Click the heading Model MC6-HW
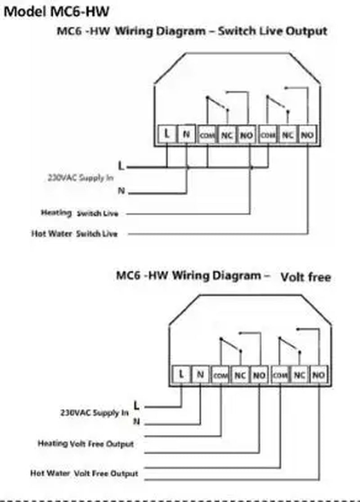[56, 12]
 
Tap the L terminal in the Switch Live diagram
[167, 134]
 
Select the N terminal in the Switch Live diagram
[187, 134]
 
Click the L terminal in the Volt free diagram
[181, 374]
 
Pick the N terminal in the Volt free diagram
[201, 374]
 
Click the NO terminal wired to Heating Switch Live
[246, 135]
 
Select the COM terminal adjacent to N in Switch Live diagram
[207, 135]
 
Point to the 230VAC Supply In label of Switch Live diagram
[81, 177]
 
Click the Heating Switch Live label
[80, 213]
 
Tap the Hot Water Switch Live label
[74, 234]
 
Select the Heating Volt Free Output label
[85, 444]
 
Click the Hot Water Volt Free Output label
[84, 473]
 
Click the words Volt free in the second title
[306, 277]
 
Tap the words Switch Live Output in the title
[273, 31]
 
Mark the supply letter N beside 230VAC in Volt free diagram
[136, 422]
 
